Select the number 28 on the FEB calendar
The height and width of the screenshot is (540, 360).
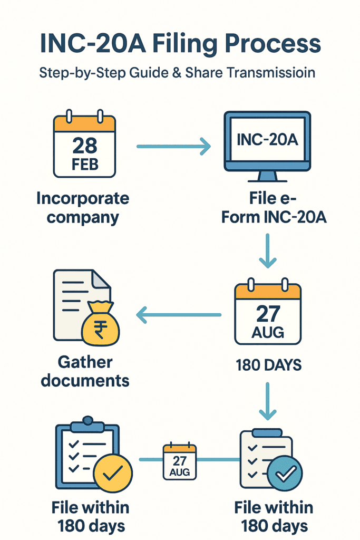click(84, 145)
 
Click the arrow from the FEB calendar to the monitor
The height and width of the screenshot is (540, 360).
click(173, 147)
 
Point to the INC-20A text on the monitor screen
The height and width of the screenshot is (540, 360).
click(267, 140)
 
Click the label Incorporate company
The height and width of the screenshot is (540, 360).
click(83, 208)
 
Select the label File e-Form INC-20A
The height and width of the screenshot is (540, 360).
click(274, 208)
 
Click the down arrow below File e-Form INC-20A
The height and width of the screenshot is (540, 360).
click(268, 251)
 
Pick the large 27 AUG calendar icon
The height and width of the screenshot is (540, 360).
click(268, 313)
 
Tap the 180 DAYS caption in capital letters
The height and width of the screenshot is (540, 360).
click(268, 364)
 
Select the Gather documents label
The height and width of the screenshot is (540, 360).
click(85, 371)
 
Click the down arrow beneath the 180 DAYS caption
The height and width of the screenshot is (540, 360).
click(268, 400)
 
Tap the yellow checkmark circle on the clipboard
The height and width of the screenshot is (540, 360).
click(112, 473)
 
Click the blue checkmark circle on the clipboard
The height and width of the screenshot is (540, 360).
click(285, 473)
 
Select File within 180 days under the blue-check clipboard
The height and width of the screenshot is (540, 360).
click(274, 516)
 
